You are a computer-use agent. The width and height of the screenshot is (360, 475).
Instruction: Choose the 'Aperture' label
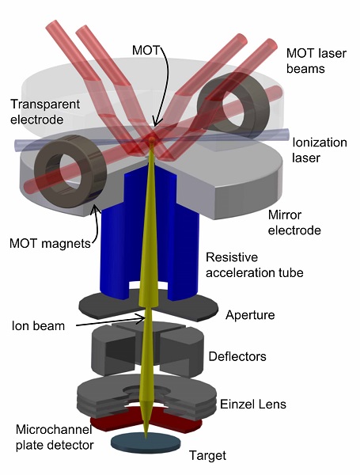(249, 315)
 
